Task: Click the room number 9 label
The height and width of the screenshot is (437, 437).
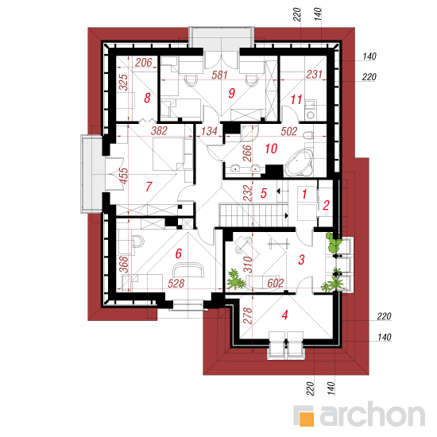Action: (231, 93)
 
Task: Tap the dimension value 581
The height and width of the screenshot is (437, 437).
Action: (219, 75)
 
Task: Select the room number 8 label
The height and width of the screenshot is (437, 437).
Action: (147, 98)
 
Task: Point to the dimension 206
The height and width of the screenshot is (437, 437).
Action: (144, 63)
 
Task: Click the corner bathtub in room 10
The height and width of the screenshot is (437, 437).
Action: (299, 162)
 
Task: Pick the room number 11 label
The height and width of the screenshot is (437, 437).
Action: (296, 99)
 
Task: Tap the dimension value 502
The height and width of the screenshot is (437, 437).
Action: (289, 131)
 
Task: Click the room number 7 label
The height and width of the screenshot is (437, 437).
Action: (149, 187)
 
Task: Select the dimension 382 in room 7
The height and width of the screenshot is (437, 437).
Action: (159, 131)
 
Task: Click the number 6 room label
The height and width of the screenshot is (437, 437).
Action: (178, 253)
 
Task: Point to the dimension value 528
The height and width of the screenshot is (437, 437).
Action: (176, 284)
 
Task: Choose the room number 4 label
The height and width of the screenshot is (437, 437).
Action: (284, 315)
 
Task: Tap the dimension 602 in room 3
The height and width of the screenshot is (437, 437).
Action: (276, 283)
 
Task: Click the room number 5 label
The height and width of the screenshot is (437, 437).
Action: (264, 193)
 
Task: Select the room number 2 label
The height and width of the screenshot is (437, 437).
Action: (326, 206)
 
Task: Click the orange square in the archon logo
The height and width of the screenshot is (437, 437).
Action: (306, 419)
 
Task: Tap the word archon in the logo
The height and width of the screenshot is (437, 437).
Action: (373, 416)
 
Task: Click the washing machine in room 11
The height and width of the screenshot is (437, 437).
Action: (310, 114)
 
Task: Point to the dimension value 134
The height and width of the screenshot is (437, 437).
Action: (209, 131)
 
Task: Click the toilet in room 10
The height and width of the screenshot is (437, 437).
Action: (308, 136)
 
